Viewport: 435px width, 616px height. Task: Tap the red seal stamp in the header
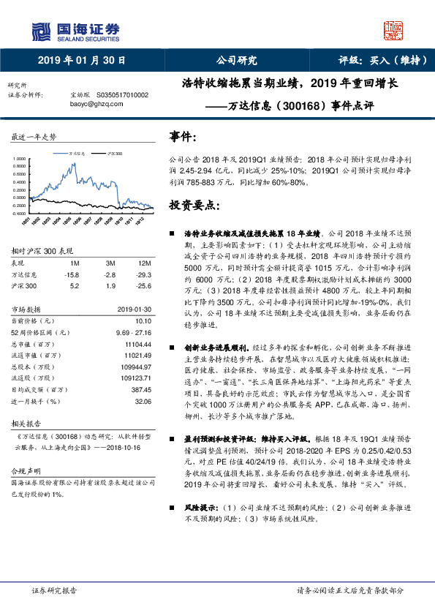(393, 29)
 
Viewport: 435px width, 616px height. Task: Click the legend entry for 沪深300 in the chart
(114, 154)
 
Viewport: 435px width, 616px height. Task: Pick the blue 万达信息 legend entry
(77, 154)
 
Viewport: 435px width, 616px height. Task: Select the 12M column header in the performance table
(144, 263)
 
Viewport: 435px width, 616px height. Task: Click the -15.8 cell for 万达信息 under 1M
(72, 274)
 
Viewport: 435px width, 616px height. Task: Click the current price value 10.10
(142, 320)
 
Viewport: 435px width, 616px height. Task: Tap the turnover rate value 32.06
(142, 402)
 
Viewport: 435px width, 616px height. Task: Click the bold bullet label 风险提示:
(199, 486)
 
